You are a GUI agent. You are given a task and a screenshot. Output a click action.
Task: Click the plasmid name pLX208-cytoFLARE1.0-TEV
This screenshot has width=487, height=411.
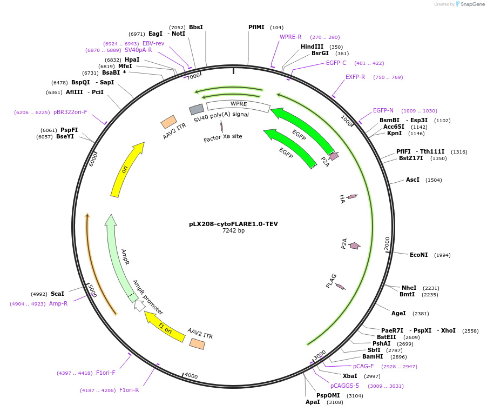[233, 224]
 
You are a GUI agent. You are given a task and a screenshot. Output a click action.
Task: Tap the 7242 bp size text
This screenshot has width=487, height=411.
[233, 230]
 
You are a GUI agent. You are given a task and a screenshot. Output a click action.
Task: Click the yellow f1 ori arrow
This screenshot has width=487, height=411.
[165, 328]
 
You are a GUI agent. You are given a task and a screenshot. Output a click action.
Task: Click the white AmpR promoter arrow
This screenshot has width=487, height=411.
[139, 306]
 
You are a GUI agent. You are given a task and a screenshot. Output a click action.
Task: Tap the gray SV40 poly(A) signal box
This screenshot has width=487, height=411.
[197, 109]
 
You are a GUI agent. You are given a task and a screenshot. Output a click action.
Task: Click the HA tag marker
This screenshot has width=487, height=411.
[352, 196]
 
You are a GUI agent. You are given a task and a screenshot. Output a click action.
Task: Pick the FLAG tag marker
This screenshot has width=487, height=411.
[340, 287]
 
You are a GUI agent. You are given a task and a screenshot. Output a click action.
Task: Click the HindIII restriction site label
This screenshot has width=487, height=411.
[312, 47]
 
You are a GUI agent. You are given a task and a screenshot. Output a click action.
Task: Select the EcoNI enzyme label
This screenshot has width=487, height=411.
[418, 255]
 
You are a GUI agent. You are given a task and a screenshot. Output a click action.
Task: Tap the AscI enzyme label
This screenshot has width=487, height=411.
[412, 180]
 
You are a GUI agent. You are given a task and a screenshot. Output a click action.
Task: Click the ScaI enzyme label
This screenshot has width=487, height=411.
[57, 294]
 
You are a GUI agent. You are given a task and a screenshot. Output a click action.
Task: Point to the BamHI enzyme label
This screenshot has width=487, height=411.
[373, 356]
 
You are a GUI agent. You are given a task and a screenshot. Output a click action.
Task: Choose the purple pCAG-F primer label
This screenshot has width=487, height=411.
[363, 366]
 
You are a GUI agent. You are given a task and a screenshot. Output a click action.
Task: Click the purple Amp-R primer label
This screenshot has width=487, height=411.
[58, 303]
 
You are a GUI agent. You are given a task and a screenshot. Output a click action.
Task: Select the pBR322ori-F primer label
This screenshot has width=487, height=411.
[70, 112]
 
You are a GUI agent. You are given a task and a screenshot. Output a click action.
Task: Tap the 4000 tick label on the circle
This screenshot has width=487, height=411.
[191, 375]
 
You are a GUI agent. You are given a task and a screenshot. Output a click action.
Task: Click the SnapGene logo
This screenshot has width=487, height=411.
[470, 4]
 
